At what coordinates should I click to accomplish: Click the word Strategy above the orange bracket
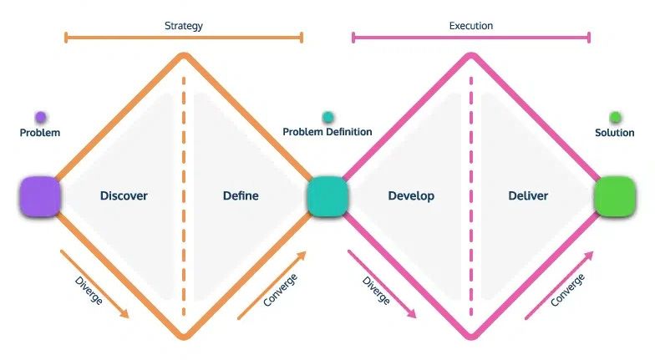pyautogui.click(x=183, y=25)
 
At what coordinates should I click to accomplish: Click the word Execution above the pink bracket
pyautogui.click(x=471, y=25)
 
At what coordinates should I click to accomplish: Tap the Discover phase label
pyautogui.click(x=124, y=195)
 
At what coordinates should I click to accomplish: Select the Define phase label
pyautogui.click(x=241, y=195)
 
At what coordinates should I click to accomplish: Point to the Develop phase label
pyautogui.click(x=411, y=195)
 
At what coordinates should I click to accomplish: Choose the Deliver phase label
pyautogui.click(x=528, y=195)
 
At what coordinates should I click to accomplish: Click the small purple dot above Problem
pyautogui.click(x=40, y=118)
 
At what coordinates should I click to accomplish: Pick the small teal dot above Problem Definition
pyautogui.click(x=327, y=118)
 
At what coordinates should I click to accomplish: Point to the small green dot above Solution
pyautogui.click(x=615, y=118)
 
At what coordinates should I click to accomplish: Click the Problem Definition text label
pyautogui.click(x=327, y=132)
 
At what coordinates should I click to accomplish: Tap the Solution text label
pyautogui.click(x=614, y=132)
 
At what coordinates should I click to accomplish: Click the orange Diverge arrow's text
pyautogui.click(x=88, y=286)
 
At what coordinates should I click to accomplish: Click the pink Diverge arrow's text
pyautogui.click(x=376, y=286)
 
